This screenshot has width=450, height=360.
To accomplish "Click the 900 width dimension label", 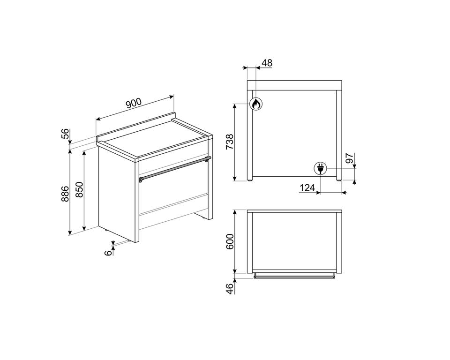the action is point(134,103).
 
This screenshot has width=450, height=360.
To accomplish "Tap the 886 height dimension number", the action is point(66,194).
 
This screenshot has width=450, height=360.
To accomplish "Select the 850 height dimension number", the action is point(80,189).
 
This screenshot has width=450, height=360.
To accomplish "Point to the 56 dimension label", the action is point(66,134).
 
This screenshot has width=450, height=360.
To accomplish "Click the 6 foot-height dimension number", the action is point(108,253).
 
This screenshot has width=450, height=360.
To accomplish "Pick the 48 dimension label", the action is point(267,63).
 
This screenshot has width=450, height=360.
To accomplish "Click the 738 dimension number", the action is point(230,142).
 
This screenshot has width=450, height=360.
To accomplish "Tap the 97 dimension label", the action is point(350,158).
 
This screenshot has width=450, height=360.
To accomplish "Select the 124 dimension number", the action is point(307,188).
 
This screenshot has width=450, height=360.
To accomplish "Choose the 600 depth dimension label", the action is point(230,241).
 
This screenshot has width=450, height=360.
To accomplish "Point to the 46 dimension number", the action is point(230,289).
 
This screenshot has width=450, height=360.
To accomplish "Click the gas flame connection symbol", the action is point(255,104).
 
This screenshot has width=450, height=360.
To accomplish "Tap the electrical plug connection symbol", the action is point(320,168).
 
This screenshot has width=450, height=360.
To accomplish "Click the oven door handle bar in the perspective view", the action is point(175,169).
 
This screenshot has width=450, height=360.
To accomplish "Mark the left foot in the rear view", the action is point(250,180).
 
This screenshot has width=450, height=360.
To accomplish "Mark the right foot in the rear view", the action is point(339,180).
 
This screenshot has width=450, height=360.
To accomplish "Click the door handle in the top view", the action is point(294,276).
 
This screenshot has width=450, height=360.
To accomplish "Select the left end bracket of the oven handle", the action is point(141,180).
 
